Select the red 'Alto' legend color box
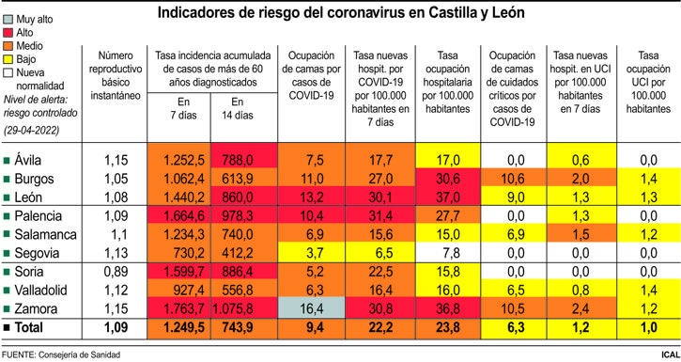coord(8,31)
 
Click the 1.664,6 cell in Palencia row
coord(183,216)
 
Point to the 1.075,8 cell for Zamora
coord(243,308)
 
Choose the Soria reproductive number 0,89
coord(115,272)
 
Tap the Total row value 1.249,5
coord(183,327)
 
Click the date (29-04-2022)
coord(35,127)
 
